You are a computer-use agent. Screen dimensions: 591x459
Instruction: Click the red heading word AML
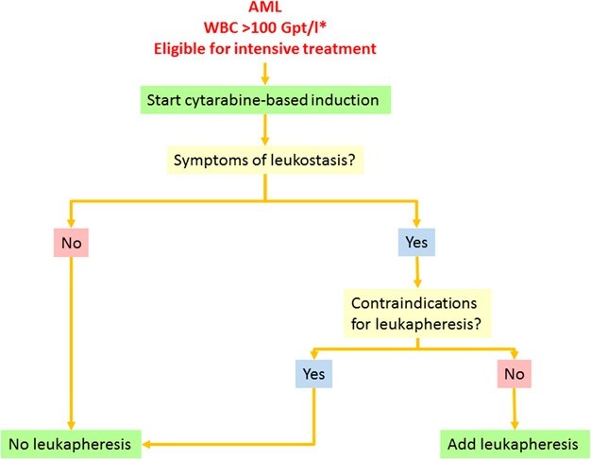pos(265,7)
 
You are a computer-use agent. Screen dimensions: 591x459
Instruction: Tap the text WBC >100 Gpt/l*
pos(265,27)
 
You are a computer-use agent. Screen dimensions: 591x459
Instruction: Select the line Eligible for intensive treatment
pos(265,49)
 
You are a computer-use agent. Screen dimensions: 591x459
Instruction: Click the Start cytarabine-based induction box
pos(265,100)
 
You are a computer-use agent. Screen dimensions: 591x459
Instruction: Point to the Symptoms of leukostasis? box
pos(265,160)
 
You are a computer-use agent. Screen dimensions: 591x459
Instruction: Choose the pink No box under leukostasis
pos(71,243)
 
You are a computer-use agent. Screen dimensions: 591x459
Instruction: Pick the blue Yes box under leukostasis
pos(416,242)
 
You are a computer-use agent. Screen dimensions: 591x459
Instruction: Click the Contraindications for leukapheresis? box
pos(417,313)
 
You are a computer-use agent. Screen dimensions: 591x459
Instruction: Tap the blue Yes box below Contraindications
pos(314,374)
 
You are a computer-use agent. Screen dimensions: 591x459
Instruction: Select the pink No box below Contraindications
pos(515,374)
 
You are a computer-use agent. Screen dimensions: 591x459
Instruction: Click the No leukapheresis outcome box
pos(71,444)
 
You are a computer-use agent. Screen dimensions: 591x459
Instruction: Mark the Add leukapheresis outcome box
pos(515,444)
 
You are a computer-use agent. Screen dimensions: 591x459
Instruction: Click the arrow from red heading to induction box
pos(265,74)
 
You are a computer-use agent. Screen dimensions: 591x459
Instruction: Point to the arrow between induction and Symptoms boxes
pos(265,129)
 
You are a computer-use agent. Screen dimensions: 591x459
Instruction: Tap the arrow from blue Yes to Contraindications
pos(417,272)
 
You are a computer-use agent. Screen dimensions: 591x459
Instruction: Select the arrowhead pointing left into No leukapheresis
pos(146,444)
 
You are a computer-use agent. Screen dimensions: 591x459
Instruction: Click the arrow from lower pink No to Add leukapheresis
pos(515,409)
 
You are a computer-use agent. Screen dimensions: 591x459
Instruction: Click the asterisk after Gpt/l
pos(323,25)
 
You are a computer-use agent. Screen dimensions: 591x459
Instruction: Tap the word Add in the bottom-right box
pos(462,444)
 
